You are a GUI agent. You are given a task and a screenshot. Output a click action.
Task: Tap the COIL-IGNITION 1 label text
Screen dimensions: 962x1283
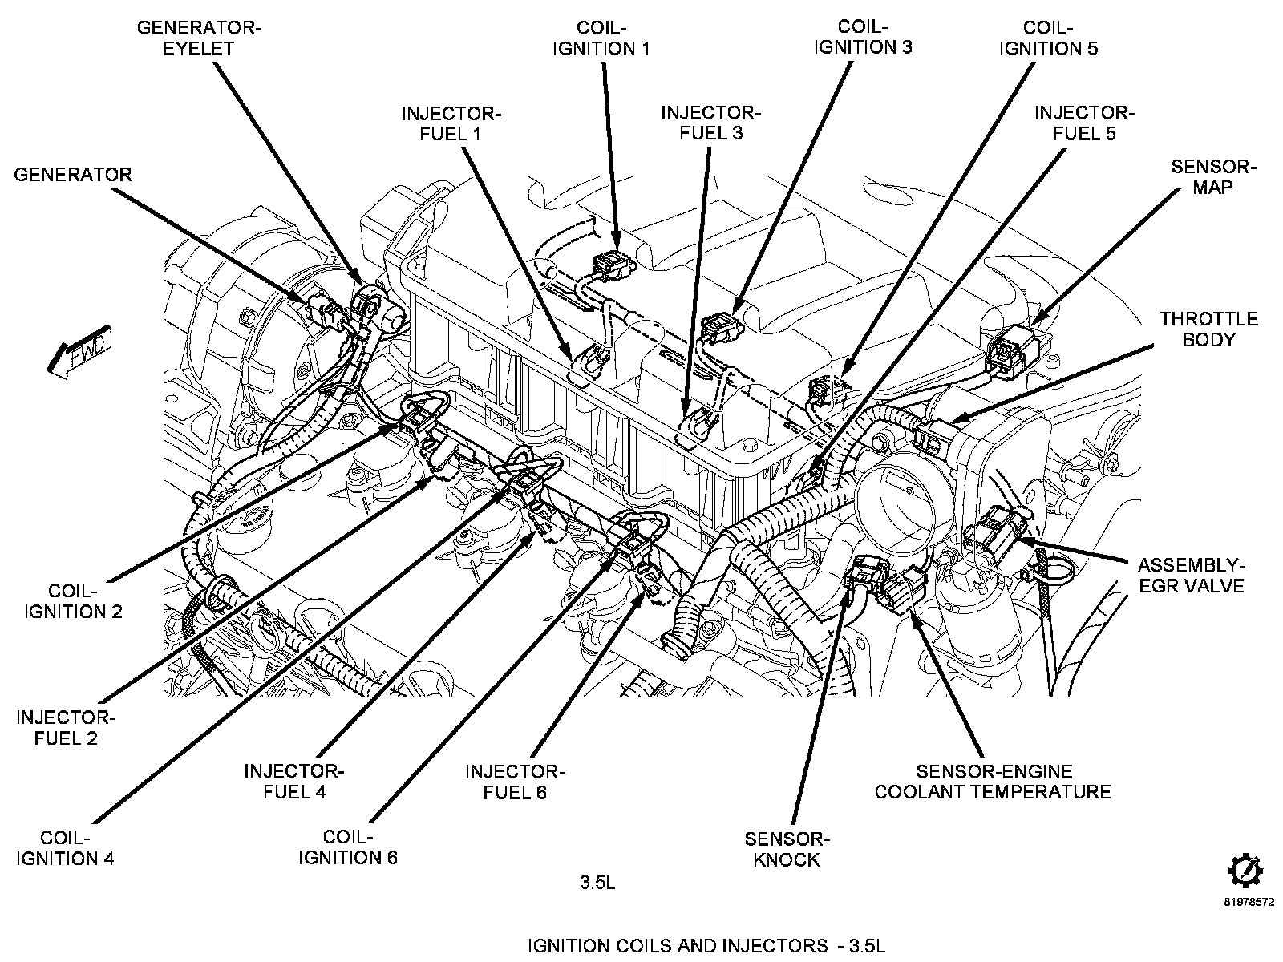coord(601,38)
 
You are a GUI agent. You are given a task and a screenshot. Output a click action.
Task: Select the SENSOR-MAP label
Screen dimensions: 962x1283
coord(1213,176)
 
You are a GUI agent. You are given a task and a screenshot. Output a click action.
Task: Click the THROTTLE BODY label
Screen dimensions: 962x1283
coord(1208,329)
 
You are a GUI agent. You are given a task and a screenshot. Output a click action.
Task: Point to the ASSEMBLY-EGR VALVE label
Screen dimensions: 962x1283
coord(1191,575)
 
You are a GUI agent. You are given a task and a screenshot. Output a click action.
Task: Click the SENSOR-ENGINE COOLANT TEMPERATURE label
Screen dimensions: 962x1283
coord(993,782)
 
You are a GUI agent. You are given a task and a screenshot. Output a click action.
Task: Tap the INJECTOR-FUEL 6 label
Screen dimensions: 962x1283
coord(515,782)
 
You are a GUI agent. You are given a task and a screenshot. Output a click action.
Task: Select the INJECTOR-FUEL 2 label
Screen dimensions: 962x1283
coord(66,727)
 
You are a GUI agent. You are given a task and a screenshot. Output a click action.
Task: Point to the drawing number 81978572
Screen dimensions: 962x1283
coord(1248,901)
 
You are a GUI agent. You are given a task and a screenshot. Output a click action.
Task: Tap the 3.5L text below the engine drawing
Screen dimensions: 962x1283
coord(597,883)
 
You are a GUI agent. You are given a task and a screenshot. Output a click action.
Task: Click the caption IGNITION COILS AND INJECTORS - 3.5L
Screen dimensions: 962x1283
coord(706,945)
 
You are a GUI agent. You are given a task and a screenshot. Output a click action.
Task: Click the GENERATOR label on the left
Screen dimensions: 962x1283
coord(72,174)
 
